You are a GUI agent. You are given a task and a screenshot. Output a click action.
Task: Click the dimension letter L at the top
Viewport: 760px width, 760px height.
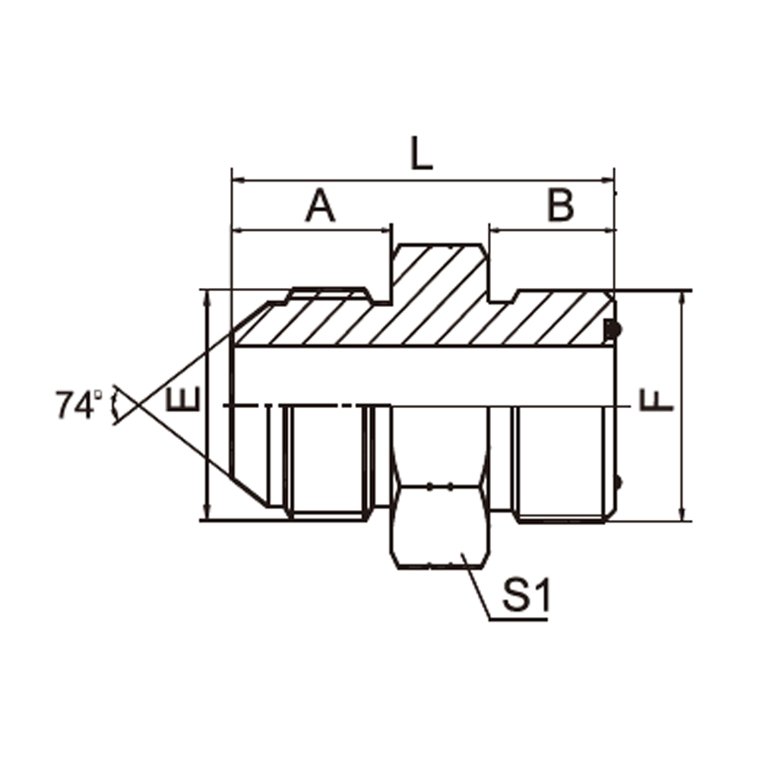click(421, 154)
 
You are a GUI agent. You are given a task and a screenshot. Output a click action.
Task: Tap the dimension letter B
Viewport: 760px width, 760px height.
click(560, 204)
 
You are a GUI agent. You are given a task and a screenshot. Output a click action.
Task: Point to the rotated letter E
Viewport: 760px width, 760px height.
click(182, 400)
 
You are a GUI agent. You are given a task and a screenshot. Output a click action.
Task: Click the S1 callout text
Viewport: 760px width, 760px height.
click(527, 595)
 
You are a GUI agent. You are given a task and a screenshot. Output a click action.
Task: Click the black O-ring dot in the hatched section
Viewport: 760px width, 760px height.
click(614, 330)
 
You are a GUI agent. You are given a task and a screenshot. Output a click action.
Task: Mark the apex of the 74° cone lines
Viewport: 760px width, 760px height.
click(139, 405)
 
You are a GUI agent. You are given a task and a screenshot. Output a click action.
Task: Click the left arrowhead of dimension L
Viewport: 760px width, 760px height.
click(238, 180)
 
